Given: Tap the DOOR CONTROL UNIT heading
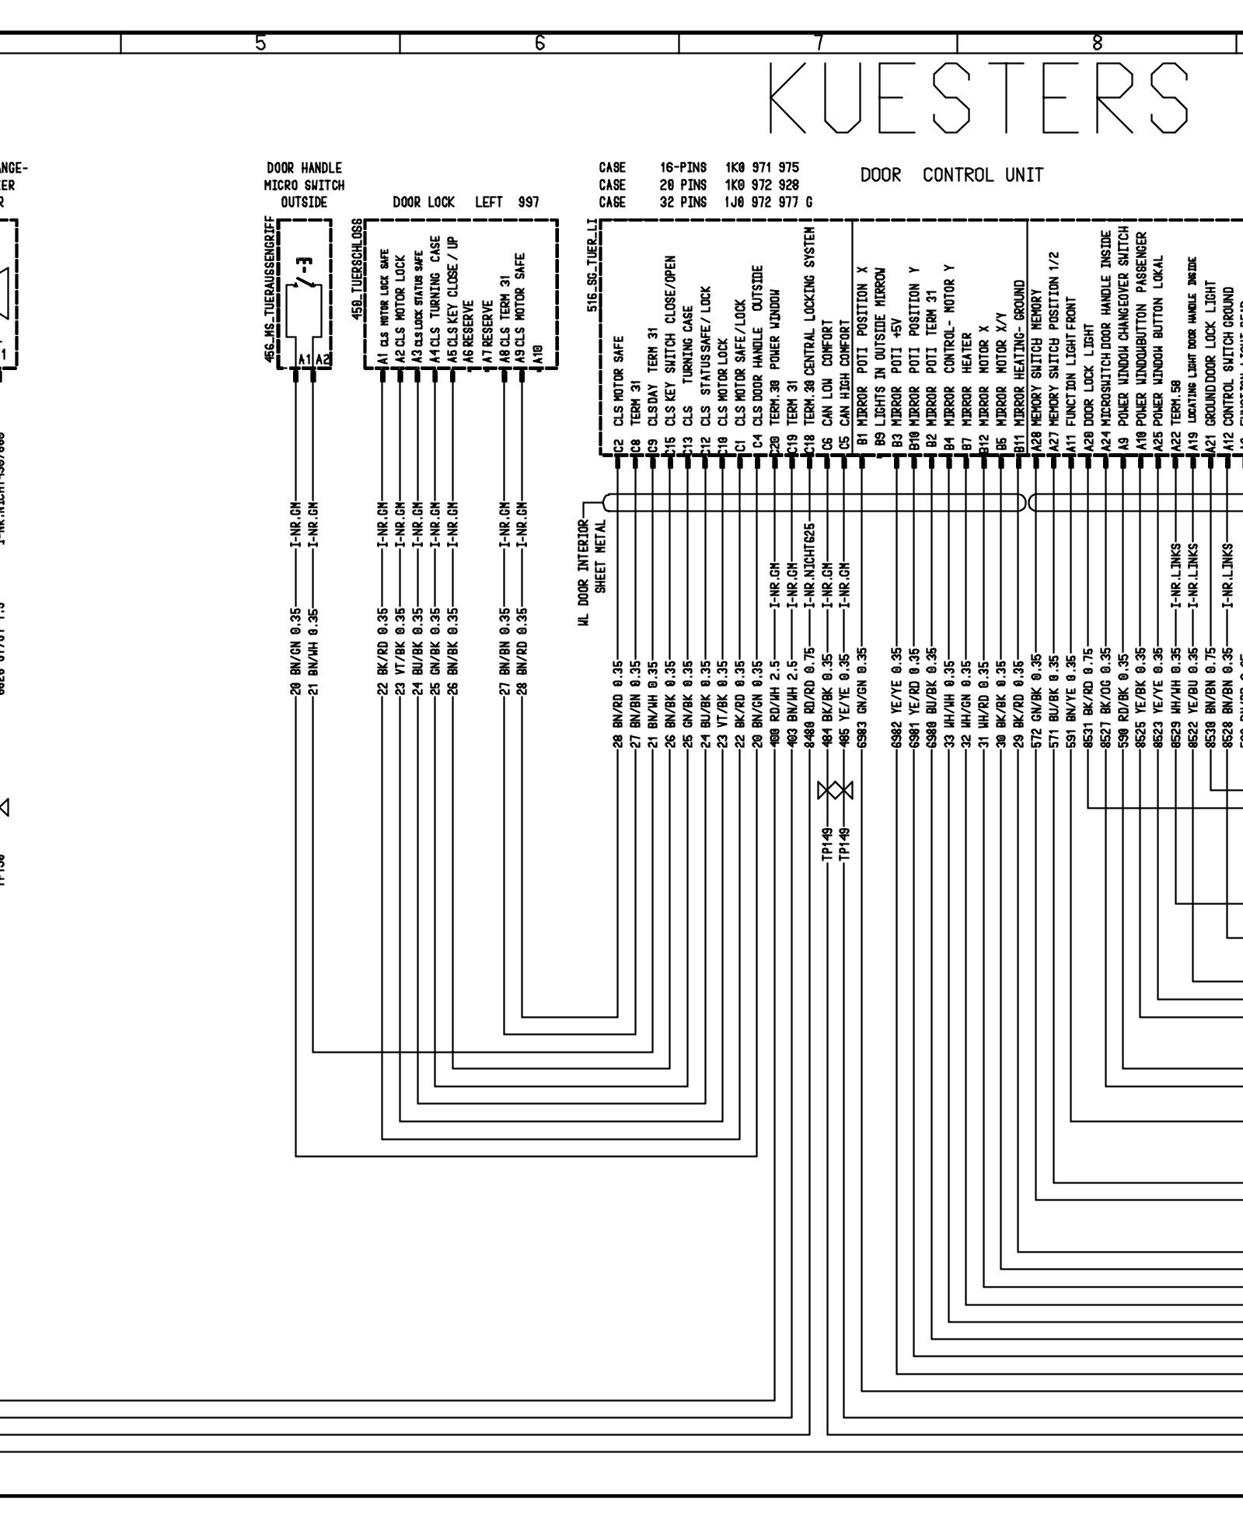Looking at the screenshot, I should click(951, 175).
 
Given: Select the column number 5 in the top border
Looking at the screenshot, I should click(261, 44).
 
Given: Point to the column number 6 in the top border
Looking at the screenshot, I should click(539, 44).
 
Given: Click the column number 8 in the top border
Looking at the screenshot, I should click(1097, 44).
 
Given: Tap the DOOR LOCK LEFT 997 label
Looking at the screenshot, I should click(465, 203).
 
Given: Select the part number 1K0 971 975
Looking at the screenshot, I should click(761, 168).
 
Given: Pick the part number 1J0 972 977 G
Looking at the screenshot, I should click(767, 202).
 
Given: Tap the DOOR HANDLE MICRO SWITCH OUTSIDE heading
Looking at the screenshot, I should click(304, 185).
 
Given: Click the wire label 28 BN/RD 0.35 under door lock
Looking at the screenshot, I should click(522, 650).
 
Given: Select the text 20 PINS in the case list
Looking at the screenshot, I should click(683, 185).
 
